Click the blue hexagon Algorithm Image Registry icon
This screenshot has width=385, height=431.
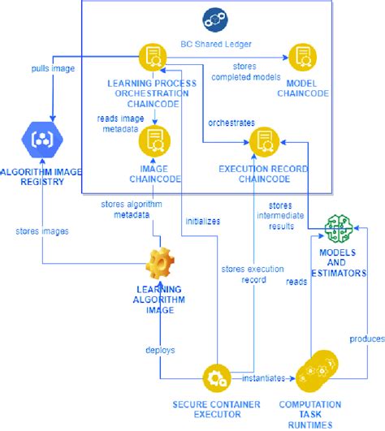(41, 139)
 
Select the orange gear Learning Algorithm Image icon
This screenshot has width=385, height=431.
(159, 263)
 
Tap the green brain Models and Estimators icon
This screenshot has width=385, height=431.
(339, 229)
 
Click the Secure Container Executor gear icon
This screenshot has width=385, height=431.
(216, 377)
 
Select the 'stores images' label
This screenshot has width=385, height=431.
(41, 231)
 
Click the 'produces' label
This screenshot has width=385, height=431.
(364, 337)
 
